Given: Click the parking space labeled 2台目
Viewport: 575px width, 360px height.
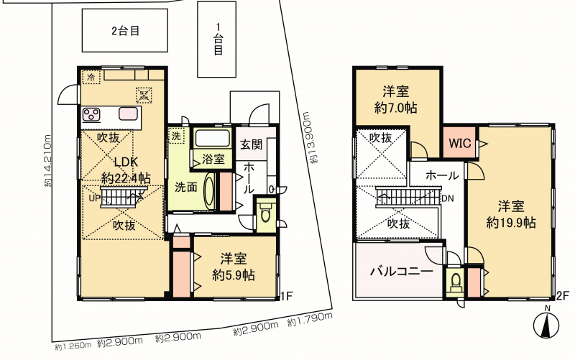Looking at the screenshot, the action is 124,30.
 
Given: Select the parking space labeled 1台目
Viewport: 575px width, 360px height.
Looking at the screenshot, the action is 217,40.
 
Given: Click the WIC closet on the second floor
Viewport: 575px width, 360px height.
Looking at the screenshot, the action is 459,142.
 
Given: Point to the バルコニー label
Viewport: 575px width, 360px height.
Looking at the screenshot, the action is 402,272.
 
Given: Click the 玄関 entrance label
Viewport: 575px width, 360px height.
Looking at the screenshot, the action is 251,144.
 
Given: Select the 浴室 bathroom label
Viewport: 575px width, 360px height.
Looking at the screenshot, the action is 213,159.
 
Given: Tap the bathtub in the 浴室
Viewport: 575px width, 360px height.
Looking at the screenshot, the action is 213,138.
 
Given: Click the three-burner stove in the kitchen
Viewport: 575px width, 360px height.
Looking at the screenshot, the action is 91,114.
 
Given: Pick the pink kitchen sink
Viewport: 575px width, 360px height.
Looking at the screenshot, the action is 128,114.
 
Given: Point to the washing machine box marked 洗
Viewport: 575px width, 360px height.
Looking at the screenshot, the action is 176,136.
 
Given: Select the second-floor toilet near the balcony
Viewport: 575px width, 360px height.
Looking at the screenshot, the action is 456,282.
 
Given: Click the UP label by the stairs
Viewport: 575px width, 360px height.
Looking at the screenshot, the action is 95,198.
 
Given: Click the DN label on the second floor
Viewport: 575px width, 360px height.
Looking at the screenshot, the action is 448,199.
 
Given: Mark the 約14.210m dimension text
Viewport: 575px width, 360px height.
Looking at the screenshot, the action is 48,160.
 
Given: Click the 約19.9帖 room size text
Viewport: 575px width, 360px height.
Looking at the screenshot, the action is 511,223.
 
